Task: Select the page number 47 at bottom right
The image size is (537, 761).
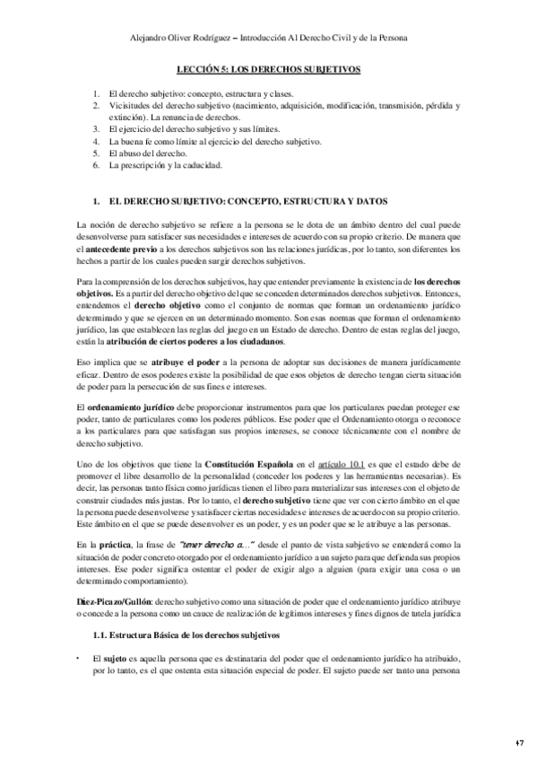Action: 520,743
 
